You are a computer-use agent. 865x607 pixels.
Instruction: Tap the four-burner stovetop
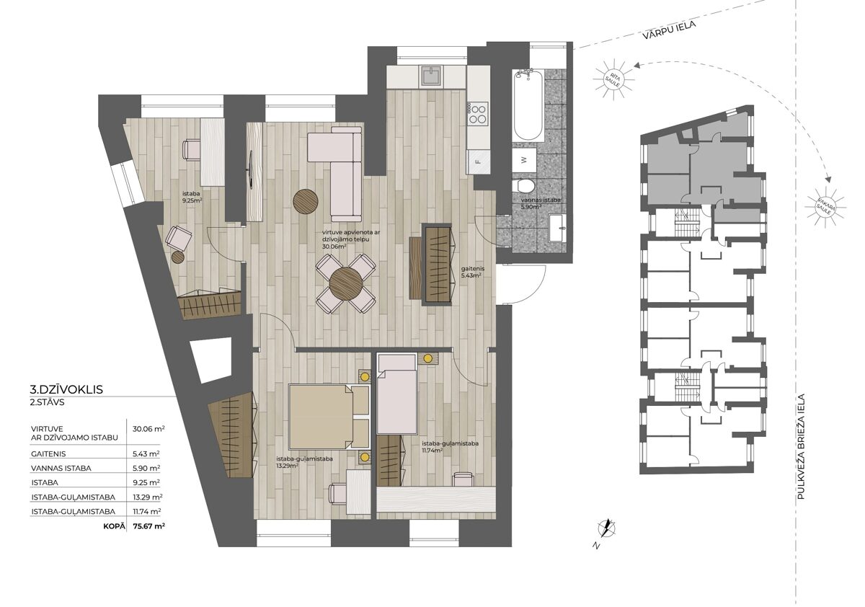(x=478, y=113)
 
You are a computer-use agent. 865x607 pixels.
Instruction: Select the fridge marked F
(x=479, y=161)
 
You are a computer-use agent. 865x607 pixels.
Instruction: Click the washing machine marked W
(x=524, y=160)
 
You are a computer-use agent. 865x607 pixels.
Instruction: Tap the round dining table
(x=345, y=284)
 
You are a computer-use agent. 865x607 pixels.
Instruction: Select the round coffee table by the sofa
(x=306, y=201)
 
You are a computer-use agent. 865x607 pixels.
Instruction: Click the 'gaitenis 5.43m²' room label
(x=472, y=272)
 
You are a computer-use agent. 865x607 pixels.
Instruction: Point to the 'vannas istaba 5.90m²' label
(x=541, y=203)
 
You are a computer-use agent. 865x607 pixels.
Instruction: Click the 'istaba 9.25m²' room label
(x=192, y=197)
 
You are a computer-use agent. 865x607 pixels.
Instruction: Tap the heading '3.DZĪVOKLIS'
(x=66, y=389)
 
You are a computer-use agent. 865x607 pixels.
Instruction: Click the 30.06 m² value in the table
(x=148, y=429)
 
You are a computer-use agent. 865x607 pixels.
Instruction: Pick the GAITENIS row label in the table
(x=49, y=454)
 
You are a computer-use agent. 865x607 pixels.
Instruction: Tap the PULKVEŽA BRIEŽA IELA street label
(x=801, y=446)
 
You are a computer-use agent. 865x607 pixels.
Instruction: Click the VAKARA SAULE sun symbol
(x=825, y=208)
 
